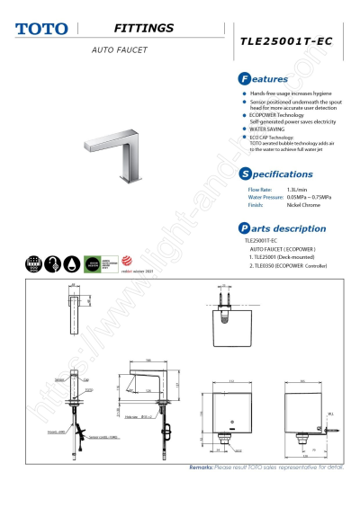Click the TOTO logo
click(41, 28)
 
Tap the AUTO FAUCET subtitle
click(119, 49)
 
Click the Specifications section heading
click(276, 173)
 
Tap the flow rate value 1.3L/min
click(298, 190)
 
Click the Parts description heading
click(281, 228)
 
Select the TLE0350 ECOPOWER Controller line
click(292, 266)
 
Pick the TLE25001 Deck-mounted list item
click(283, 257)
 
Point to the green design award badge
click(92, 263)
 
